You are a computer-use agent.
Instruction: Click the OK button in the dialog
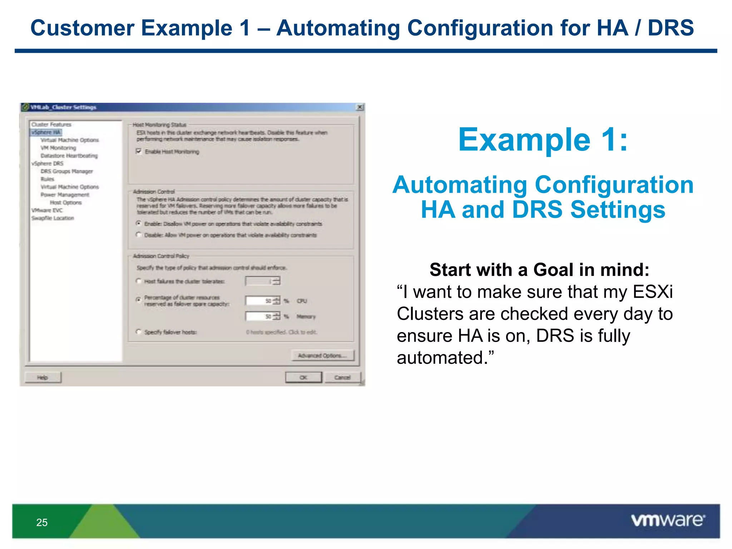pos(303,377)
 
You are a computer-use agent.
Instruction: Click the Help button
pos(43,377)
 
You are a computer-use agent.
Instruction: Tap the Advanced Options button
pos(322,356)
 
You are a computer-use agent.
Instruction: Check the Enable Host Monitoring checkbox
pos(139,151)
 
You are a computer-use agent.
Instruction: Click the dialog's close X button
pos(360,107)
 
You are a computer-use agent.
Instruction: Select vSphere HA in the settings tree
pos(46,132)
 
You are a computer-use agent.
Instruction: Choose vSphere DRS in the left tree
pos(48,163)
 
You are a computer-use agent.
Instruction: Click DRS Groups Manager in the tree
pos(66,171)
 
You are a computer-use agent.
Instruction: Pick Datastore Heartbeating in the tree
pos(69,155)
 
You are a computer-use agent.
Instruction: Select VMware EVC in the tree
pos(47,210)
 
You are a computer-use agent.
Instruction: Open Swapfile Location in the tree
pos(53,218)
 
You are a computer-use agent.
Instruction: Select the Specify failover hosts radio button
pos(139,332)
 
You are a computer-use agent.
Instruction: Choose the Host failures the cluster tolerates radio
pos(139,281)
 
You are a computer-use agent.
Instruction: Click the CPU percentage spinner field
pos(259,301)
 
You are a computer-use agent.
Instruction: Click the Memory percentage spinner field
pos(259,316)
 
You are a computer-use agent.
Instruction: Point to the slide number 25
pos(42,522)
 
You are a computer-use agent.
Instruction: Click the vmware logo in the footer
pos(668,520)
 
